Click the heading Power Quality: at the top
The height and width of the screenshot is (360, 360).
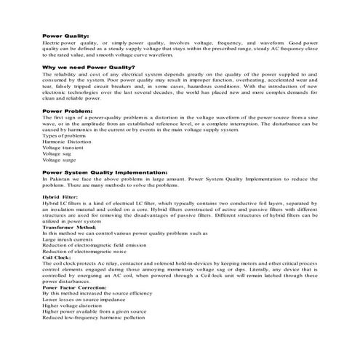(65, 34)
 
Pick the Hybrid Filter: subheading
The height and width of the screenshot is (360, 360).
(60, 196)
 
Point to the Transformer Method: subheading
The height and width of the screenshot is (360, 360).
(69, 227)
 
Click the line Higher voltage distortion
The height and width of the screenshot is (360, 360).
(74, 305)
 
